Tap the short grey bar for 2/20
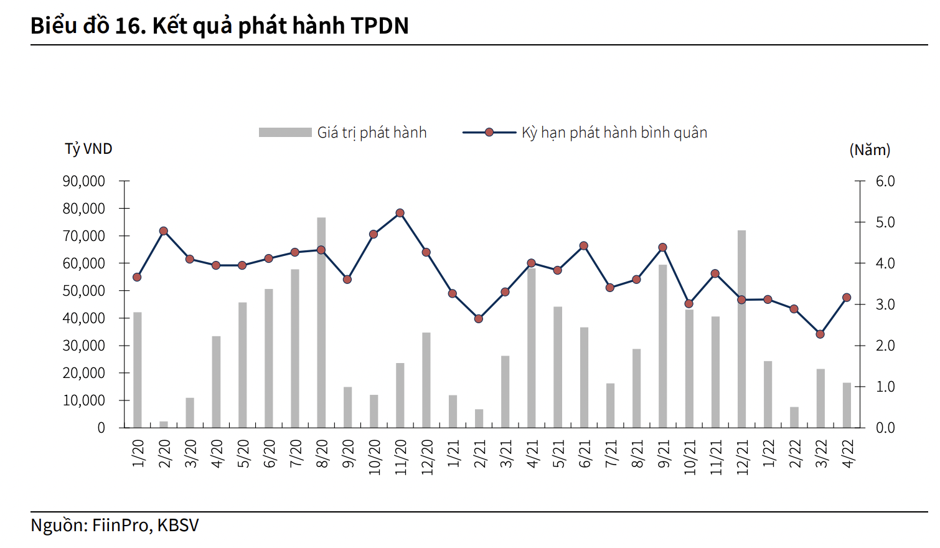click(x=164, y=424)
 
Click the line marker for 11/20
click(x=400, y=213)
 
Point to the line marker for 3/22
click(x=820, y=334)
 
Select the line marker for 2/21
click(x=479, y=319)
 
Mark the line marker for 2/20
click(x=164, y=231)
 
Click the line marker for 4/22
click(x=847, y=298)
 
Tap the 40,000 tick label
click(x=83, y=318)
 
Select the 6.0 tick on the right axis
click(x=885, y=181)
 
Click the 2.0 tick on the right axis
click(x=885, y=346)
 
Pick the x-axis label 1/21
click(x=453, y=453)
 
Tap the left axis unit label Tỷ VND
click(x=88, y=149)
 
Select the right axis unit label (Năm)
click(x=870, y=149)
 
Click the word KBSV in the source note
click(x=178, y=525)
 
